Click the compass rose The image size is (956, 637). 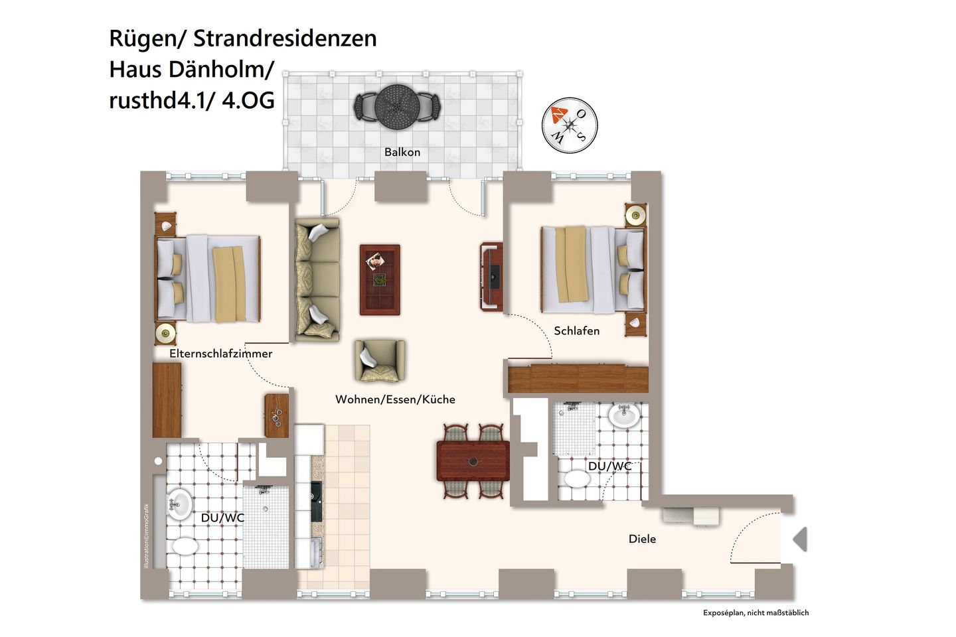click(x=570, y=125)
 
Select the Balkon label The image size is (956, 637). click(x=402, y=152)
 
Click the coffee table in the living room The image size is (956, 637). click(x=380, y=279)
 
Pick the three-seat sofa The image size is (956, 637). click(x=317, y=279)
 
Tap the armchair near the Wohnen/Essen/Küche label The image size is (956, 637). click(x=379, y=361)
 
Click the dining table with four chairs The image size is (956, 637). click(x=473, y=460)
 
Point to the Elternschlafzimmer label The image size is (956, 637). click(x=220, y=354)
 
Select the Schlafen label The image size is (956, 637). click(x=576, y=330)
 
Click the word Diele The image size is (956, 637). click(x=642, y=539)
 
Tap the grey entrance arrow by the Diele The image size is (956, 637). click(x=800, y=539)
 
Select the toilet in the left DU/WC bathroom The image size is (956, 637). click(x=185, y=547)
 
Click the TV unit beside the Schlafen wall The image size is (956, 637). click(x=491, y=277)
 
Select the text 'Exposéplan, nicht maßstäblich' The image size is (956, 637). click(x=756, y=613)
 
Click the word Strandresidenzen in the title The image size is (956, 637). click(x=285, y=38)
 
